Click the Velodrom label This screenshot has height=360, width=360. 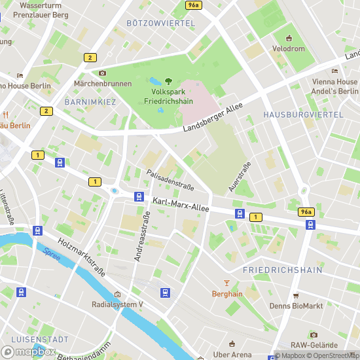coord(289,49)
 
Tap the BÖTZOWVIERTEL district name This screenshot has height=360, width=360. coord(161,23)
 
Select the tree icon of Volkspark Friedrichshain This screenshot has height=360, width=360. coord(168,81)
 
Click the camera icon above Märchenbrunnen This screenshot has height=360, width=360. coord(102,73)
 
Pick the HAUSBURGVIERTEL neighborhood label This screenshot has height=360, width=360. coord(303,115)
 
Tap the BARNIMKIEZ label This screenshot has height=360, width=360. coord(90,103)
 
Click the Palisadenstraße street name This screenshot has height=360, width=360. coord(170,178)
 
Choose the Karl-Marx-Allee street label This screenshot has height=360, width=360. coord(181,204)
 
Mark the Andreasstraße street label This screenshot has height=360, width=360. coord(138,240)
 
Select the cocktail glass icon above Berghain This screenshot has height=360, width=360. coord(227,283)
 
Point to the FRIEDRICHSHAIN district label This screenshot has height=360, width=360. coord(282,270)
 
